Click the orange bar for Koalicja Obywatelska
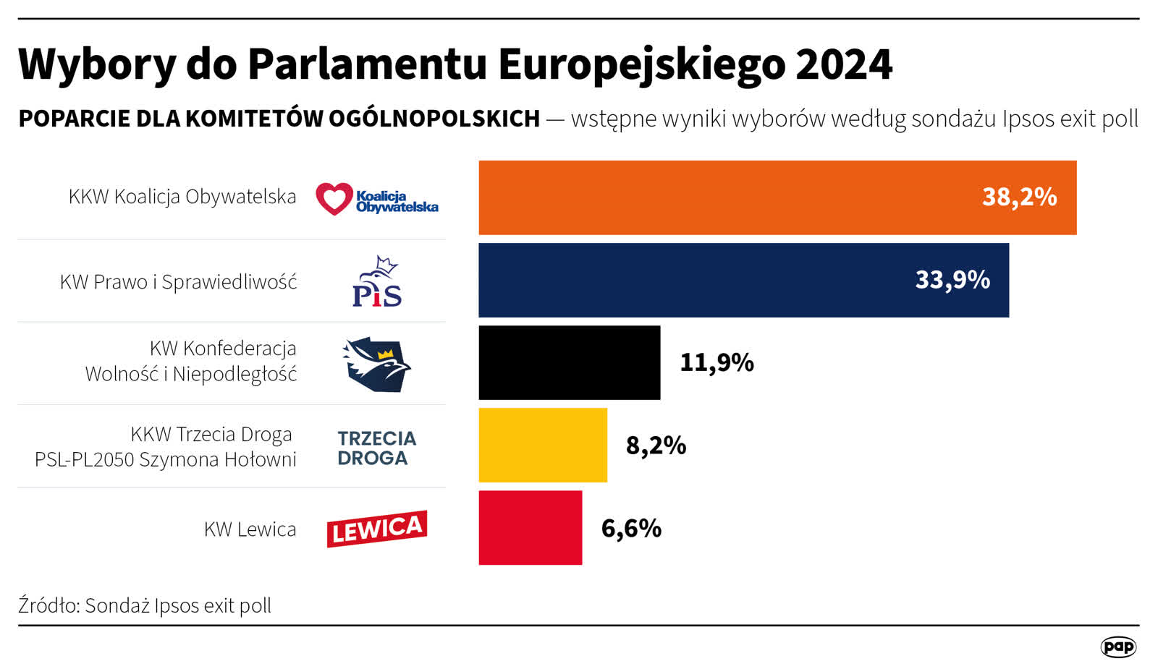click(x=724, y=197)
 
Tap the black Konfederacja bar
click(x=569, y=362)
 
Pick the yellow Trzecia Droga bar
click(x=543, y=445)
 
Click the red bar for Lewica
click(x=530, y=528)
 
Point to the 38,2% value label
click(x=1019, y=197)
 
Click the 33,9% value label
click(x=952, y=280)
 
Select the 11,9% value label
click(x=717, y=362)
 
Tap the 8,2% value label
click(x=656, y=446)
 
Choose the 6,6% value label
click(x=631, y=529)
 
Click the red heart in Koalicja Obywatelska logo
click(x=334, y=198)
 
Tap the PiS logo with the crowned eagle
click(x=377, y=281)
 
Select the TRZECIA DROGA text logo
click(x=376, y=448)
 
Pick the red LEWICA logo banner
click(x=376, y=529)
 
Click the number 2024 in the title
click(x=843, y=64)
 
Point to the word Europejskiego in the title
click(x=641, y=64)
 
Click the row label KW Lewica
click(x=250, y=529)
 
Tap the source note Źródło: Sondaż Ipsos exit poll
click(x=145, y=605)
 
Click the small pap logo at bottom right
click(x=1118, y=647)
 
